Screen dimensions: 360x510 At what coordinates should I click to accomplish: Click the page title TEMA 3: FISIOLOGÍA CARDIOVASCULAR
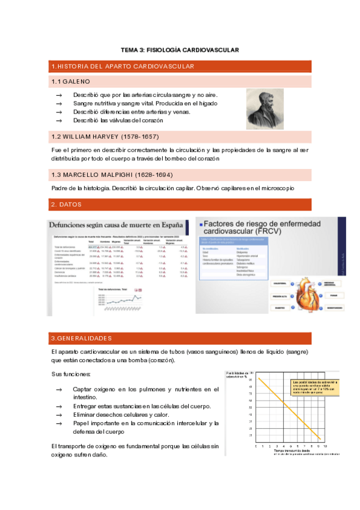(180, 50)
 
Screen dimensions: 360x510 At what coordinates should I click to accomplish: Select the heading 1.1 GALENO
(71, 81)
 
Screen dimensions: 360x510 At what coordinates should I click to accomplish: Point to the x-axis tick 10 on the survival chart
(326, 446)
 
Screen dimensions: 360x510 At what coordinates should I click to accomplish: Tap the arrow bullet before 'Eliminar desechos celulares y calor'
(58, 415)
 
